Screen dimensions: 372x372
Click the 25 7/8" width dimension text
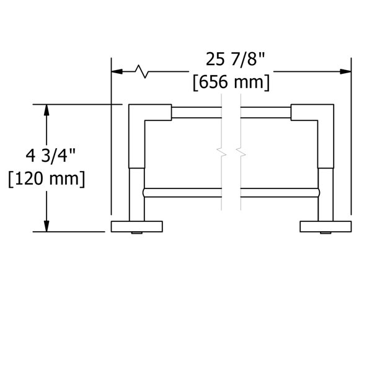[x=235, y=60]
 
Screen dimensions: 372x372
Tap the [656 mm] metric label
[x=231, y=82]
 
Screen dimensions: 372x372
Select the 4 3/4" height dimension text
[x=50, y=156]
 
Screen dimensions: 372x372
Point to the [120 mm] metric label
[x=46, y=179]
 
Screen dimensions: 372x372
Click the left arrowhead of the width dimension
[x=117, y=71]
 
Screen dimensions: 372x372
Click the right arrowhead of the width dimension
[x=346, y=71]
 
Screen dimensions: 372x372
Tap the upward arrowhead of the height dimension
[x=46, y=110]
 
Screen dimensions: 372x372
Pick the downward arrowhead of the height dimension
[x=46, y=226]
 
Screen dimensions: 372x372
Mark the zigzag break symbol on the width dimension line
[x=141, y=71]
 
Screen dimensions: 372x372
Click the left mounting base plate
[x=137, y=226]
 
